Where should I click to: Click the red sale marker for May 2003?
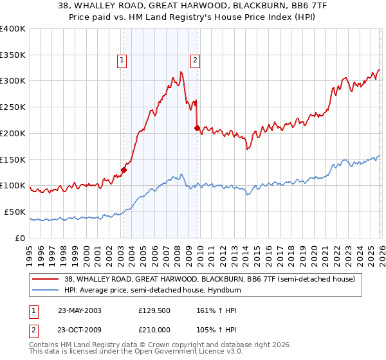tap(124, 170)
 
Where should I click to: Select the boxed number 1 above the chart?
tap(122, 61)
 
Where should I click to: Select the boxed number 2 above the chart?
tap(195, 61)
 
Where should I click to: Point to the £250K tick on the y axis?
tap(12, 107)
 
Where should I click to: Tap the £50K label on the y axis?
tap(14, 212)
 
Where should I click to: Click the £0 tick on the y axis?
tap(20, 238)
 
